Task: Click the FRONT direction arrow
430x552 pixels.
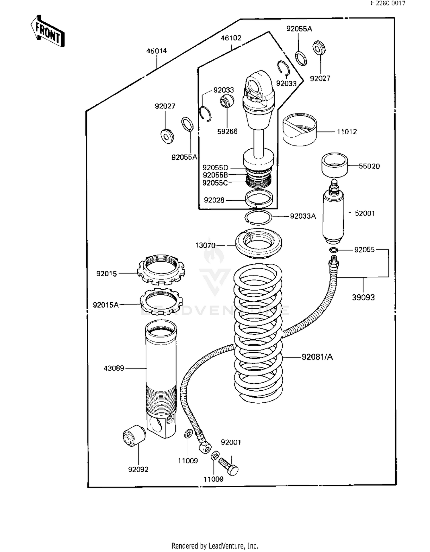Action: tap(47, 31)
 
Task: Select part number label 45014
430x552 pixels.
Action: tap(156, 51)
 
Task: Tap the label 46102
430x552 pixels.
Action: tap(231, 38)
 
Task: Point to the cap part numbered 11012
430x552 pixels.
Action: tap(300, 129)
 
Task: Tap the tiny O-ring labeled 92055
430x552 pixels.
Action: tap(333, 250)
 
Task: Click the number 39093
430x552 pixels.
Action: tap(363, 297)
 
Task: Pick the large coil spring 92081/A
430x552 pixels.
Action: tap(258, 330)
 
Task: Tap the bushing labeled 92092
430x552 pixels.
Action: tap(134, 436)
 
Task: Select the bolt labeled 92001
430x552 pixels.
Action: tap(229, 467)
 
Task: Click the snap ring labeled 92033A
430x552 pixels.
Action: tap(258, 217)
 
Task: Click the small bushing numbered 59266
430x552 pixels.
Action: tap(226, 101)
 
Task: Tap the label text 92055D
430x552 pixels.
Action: tap(215, 168)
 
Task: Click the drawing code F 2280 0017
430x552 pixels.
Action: tap(388, 3)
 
